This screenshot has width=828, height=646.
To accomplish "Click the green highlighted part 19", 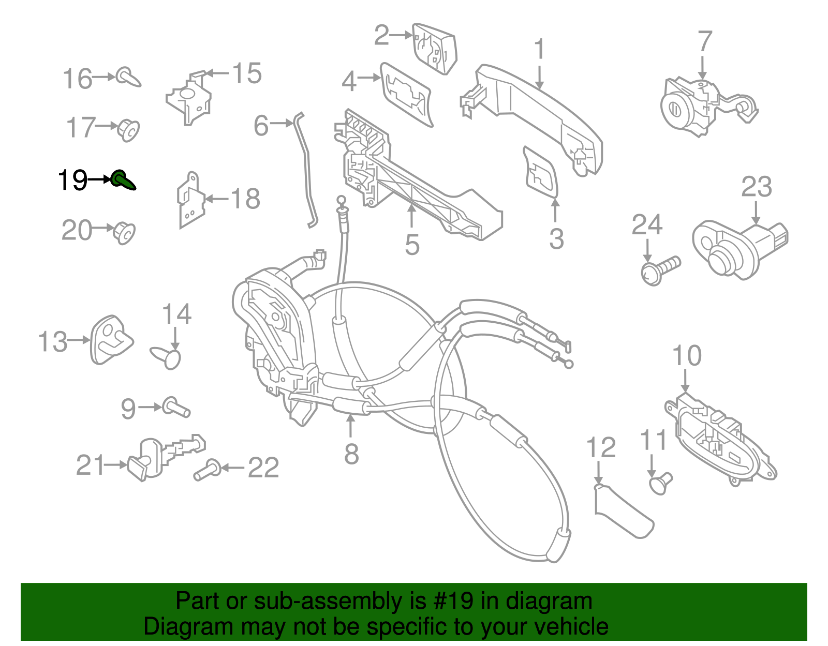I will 123,180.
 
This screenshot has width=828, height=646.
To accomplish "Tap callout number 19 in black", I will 72,181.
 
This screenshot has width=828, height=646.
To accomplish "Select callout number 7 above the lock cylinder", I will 705,41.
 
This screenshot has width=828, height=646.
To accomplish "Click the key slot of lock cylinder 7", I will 675,109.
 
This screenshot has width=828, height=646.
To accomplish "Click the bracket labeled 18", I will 190,201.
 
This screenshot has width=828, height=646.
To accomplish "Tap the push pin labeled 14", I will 167,357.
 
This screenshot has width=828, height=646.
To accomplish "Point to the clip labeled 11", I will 660,484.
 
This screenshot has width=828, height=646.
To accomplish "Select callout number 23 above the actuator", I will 756,187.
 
